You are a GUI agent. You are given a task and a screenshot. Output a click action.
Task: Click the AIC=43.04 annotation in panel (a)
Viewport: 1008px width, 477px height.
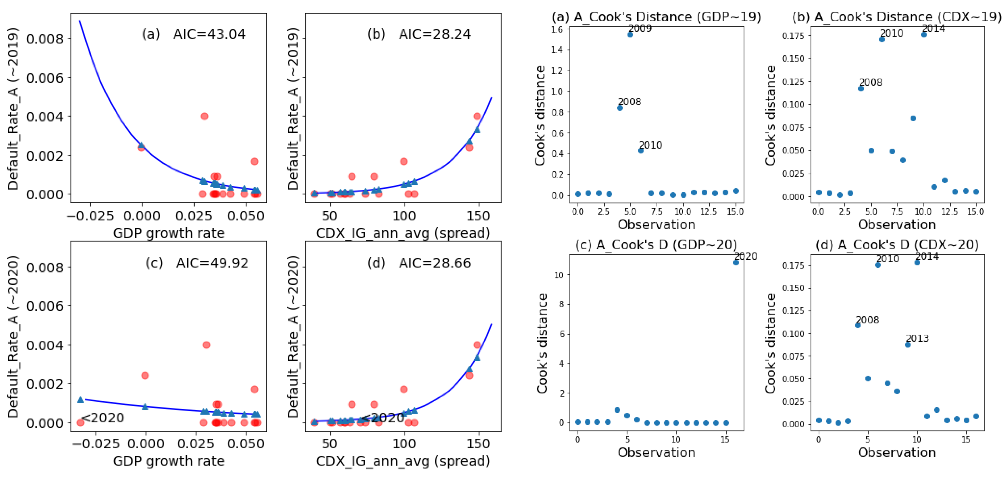209,34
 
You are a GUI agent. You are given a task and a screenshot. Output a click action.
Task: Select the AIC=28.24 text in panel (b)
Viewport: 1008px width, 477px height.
435,34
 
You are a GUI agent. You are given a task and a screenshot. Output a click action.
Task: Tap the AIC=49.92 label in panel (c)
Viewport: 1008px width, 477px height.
212,263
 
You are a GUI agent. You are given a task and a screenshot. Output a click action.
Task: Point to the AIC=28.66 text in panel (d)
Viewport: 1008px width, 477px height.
435,263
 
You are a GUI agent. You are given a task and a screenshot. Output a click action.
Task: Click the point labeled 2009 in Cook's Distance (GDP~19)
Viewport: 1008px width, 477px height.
630,34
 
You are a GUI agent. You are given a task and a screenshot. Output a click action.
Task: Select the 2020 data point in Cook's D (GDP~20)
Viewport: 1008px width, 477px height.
736,262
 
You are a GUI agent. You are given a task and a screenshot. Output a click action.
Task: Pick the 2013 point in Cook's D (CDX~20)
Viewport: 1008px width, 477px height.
907,345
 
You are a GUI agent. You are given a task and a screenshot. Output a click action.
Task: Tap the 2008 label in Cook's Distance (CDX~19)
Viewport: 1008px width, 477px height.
871,82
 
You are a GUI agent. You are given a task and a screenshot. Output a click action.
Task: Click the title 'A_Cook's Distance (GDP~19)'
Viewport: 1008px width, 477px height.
667,17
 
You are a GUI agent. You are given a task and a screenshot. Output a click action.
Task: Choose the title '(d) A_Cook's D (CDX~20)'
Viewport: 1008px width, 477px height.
897,245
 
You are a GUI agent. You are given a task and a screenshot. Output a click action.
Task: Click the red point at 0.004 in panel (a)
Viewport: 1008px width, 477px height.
204,116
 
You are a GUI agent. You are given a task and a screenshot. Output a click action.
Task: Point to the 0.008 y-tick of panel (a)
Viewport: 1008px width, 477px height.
45,39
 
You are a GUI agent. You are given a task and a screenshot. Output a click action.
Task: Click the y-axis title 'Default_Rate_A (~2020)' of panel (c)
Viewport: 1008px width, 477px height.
13,337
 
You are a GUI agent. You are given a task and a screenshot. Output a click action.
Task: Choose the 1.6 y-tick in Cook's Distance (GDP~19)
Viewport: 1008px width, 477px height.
557,29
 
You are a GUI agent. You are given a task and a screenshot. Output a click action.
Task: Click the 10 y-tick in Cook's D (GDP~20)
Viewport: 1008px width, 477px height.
559,275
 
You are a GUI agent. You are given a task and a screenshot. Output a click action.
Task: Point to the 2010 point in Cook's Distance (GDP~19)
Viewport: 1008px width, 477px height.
641,150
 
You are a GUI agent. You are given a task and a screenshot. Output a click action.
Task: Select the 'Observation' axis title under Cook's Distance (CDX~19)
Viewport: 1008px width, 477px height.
897,225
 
